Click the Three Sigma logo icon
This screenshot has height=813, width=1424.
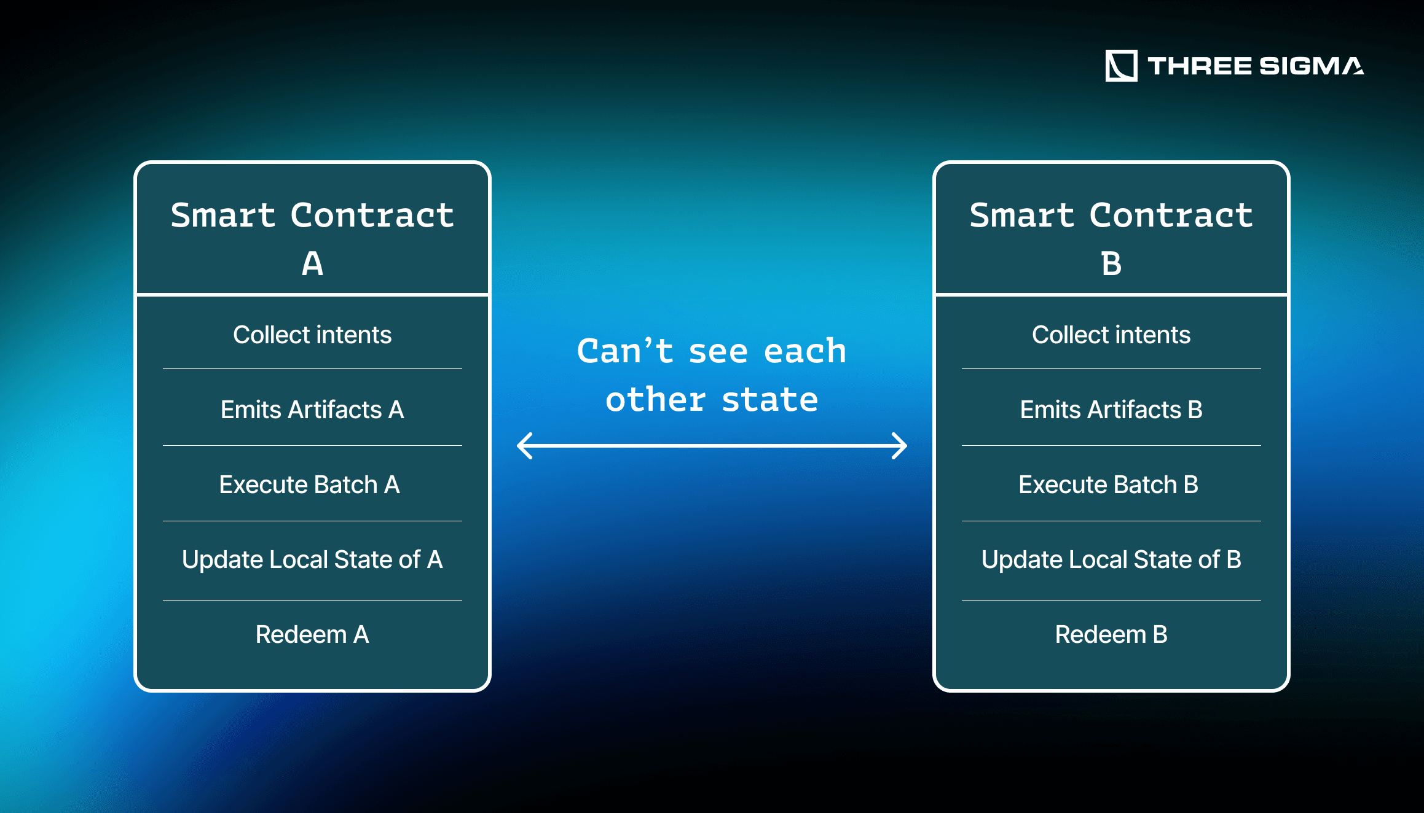pyautogui.click(x=1121, y=66)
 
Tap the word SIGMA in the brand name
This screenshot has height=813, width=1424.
pyautogui.click(x=1312, y=66)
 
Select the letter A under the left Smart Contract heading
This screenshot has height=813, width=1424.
pyautogui.click(x=312, y=264)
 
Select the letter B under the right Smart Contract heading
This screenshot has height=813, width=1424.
pyautogui.click(x=1111, y=264)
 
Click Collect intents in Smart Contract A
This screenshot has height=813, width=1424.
pyautogui.click(x=312, y=335)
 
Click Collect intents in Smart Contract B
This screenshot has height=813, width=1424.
pyautogui.click(x=1111, y=335)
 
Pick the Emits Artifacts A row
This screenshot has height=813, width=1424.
pyautogui.click(x=312, y=410)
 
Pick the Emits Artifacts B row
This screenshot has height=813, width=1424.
pyautogui.click(x=1111, y=410)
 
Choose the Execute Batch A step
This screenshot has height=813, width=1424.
pyautogui.click(x=309, y=484)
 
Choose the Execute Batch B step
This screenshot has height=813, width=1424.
pyautogui.click(x=1108, y=484)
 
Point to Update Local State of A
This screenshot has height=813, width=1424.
pyautogui.click(x=312, y=559)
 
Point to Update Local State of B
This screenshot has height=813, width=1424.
pyautogui.click(x=1111, y=559)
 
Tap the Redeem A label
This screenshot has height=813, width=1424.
pyautogui.click(x=312, y=634)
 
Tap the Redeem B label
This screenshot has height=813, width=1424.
pyautogui.click(x=1111, y=634)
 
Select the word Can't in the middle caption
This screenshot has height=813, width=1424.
pyautogui.click(x=625, y=351)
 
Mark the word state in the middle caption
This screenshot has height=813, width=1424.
pyautogui.click(x=769, y=400)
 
